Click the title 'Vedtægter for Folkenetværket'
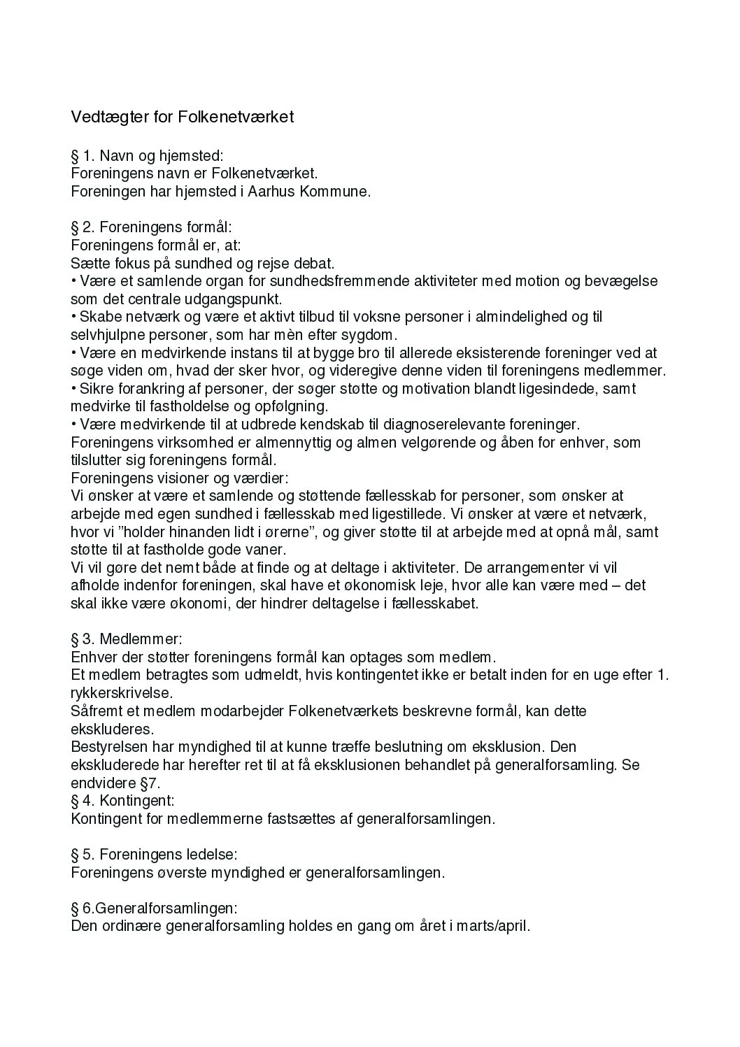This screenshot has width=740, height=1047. tap(182, 117)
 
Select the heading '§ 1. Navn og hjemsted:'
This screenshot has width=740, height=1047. tap(147, 155)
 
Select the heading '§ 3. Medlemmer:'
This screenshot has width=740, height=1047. tap(127, 639)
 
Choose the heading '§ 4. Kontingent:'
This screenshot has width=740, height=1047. tap(122, 800)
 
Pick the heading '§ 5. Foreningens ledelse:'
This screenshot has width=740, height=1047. tap(154, 854)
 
